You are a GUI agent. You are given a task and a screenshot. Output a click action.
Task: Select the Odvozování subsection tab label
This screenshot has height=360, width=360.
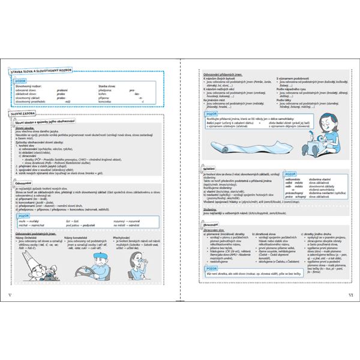tap(23, 183)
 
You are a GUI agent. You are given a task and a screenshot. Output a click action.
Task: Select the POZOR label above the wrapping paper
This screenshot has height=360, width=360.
tap(211, 113)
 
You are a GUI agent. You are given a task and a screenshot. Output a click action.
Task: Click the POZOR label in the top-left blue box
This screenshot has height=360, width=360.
tap(22, 80)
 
